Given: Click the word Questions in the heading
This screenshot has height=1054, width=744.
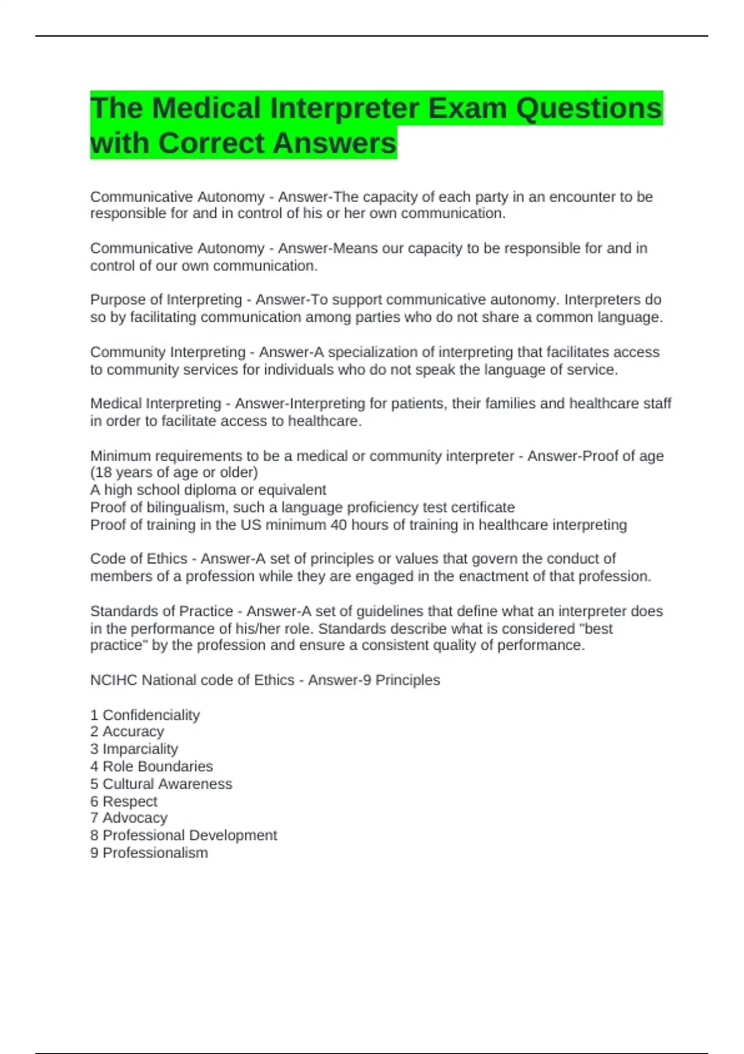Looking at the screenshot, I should click(x=589, y=108).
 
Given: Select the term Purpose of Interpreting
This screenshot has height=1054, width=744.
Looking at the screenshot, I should click(x=166, y=300).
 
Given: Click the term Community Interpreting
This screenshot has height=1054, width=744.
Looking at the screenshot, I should click(x=168, y=352).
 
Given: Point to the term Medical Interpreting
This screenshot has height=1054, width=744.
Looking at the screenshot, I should click(x=156, y=404).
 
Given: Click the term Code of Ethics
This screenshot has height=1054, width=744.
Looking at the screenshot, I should click(x=138, y=559).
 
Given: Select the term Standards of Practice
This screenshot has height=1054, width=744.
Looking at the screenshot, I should click(x=161, y=611).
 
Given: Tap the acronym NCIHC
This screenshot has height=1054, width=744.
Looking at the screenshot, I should click(x=113, y=680).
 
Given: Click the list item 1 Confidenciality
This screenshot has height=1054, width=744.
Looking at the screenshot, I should click(x=145, y=715).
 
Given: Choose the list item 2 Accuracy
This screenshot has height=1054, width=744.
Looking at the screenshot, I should click(x=127, y=732).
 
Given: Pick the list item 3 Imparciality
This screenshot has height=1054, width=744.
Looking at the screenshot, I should click(x=134, y=749).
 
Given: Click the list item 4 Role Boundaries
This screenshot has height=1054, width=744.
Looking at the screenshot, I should click(x=151, y=766).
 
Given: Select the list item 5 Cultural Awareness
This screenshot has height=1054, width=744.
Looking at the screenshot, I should click(x=161, y=784).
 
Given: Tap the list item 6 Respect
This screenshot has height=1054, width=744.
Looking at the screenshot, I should click(x=124, y=801).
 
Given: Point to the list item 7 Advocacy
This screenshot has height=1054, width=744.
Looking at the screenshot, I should click(x=129, y=818).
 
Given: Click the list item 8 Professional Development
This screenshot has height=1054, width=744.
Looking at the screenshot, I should click(x=184, y=836).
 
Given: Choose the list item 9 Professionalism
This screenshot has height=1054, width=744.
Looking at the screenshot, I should click(x=149, y=853).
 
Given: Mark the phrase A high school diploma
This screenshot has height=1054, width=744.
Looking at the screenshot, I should click(x=162, y=490).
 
